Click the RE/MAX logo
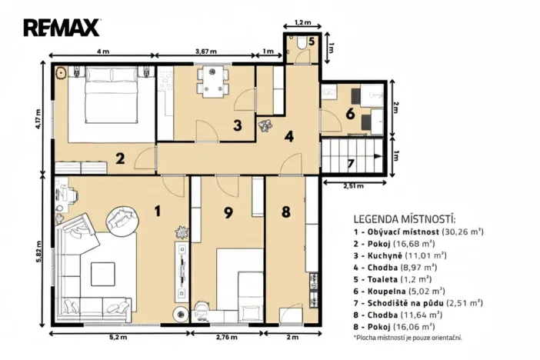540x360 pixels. (62, 28)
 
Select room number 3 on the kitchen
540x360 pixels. (238, 125)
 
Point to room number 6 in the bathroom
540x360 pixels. (350, 114)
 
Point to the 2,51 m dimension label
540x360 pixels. (354, 185)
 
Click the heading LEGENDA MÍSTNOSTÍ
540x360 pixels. (405, 218)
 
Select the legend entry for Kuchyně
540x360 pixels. (398, 254)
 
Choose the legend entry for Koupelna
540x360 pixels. (398, 291)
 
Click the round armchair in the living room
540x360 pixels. (121, 218)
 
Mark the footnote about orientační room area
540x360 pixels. (407, 338)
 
